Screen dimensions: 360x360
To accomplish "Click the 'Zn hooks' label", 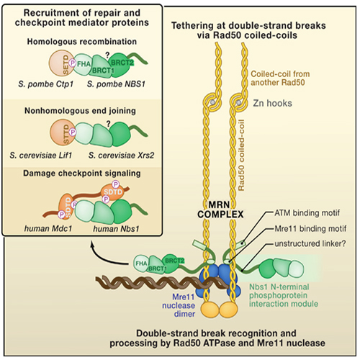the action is tap(272, 103).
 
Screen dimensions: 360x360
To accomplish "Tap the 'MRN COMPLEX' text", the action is tap(220, 210).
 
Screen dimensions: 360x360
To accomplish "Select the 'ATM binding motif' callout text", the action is tap(307, 212).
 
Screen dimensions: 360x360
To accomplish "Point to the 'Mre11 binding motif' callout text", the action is tap(310, 228).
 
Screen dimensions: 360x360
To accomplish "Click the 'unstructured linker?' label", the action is tap(310, 243).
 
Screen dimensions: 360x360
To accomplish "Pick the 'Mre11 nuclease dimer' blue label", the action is tap(179, 305).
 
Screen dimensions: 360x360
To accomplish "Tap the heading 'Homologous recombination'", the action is tap(82, 42).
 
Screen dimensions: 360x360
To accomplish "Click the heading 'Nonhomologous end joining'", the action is tap(80, 111).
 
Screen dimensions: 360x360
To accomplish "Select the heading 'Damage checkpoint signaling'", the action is tap(82, 174).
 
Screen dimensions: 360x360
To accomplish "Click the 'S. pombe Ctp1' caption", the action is tap(45, 84).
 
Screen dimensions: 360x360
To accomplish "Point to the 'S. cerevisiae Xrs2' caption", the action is tap(121, 156).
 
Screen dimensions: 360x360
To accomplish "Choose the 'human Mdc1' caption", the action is tap(48, 228).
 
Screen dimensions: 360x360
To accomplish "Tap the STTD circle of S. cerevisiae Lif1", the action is tap(61, 132).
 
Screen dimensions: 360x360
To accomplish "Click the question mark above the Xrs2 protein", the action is tap(109, 124).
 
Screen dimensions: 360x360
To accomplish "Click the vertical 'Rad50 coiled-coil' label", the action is tap(241, 156).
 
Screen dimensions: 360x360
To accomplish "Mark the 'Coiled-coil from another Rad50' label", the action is tap(280, 78).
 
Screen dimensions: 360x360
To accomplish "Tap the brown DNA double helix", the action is tap(162, 282).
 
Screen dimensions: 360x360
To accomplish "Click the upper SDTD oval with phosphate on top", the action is tap(113, 191).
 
